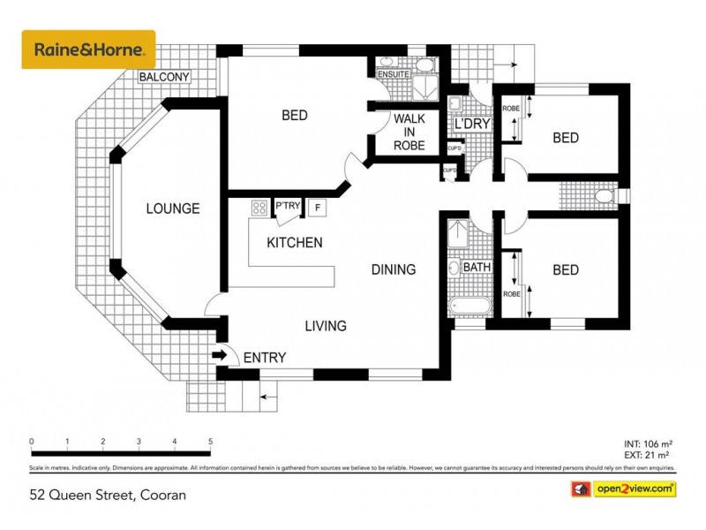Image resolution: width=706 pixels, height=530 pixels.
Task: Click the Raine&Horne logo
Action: pos(88,49)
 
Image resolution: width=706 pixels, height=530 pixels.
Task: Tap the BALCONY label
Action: pos(165,78)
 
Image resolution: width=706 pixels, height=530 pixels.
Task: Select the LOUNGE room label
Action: pos(173,209)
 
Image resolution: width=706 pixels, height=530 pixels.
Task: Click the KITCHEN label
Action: pos(295,243)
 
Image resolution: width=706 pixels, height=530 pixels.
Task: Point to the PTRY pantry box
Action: pos(288,207)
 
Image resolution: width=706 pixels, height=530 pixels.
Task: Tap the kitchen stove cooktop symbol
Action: pos(260,208)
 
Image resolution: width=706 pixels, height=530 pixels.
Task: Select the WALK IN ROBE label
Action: pos(409,132)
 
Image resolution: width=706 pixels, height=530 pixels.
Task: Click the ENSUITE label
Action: pos(392,74)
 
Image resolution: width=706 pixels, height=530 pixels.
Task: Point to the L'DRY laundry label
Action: pos(471,124)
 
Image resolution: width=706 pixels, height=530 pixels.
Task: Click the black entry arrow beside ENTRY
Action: pos(220,356)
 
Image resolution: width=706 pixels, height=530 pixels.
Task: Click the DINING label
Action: pos(393,269)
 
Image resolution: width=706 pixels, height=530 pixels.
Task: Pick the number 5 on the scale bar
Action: pos(210,442)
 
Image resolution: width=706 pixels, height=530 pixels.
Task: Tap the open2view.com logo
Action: pos(635,488)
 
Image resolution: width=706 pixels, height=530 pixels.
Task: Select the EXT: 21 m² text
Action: pos(648,456)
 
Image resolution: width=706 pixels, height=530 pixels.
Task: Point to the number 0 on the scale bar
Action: pos(32,442)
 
